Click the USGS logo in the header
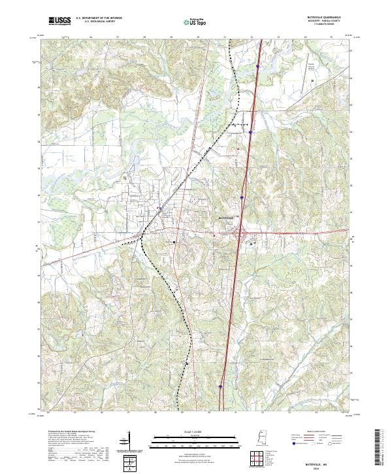pyautogui.click(x=59, y=22)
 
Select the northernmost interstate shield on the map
pyautogui.click(x=259, y=65)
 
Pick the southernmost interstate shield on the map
pyautogui.click(x=221, y=386)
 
